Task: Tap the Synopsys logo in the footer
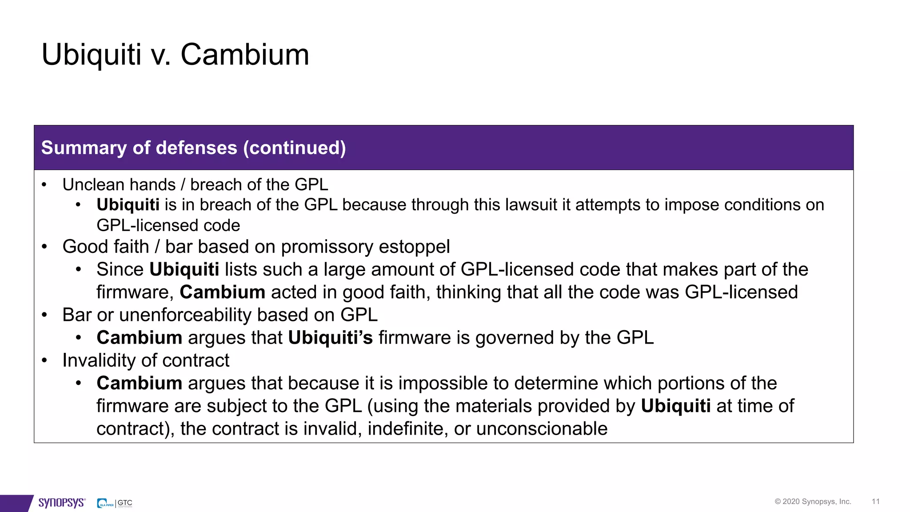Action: [61, 503]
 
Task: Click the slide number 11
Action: [875, 501]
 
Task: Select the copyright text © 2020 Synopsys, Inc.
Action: [813, 501]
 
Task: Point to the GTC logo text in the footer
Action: [125, 503]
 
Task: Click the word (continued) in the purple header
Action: [294, 148]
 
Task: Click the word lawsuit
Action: [519, 204]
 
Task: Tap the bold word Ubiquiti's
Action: [330, 338]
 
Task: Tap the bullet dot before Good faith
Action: [44, 247]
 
